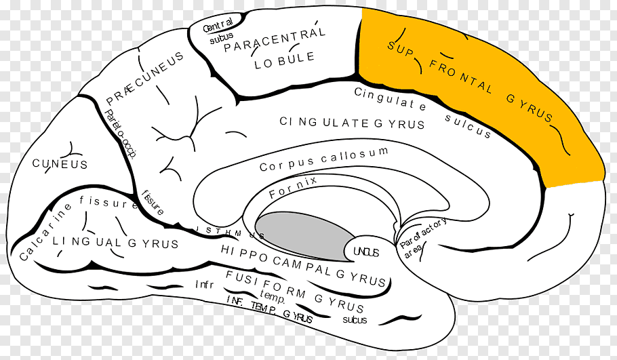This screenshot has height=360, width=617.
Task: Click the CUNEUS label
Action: click(x=60, y=164)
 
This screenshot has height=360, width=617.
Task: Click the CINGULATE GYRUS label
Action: click(x=352, y=123)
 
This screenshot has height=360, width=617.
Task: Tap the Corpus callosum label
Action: click(x=323, y=158)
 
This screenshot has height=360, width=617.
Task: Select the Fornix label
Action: click(x=293, y=187)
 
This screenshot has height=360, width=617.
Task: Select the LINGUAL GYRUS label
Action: click(x=115, y=242)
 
